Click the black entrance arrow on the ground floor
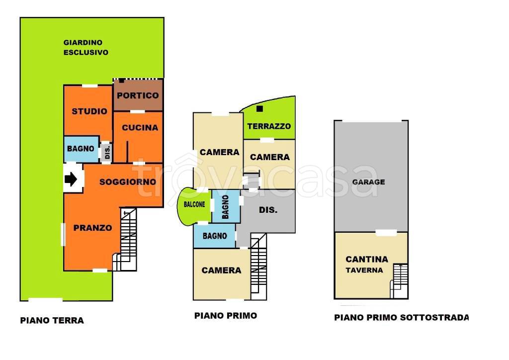point(71,179)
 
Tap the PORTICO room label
point(138,95)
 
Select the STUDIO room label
point(89,111)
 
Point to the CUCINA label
point(140,128)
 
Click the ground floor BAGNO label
point(81,149)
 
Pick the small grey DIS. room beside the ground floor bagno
point(106,152)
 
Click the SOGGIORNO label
point(128,182)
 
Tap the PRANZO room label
point(92,228)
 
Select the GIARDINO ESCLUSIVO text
point(85,47)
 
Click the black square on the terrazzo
point(259,109)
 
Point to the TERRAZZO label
point(269,126)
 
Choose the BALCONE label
point(194,204)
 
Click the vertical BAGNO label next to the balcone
point(225,207)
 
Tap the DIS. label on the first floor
point(268,210)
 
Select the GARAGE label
point(368,182)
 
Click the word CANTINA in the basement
point(367,260)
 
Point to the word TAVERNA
point(364,270)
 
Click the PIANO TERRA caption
point(52,320)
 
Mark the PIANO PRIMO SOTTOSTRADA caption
point(401,317)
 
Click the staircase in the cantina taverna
point(399,281)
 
